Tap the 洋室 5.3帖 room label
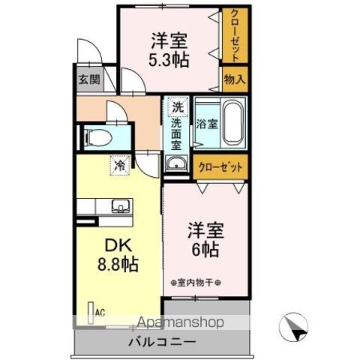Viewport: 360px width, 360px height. [x=168, y=48]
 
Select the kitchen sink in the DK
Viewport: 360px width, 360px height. [x=119, y=206]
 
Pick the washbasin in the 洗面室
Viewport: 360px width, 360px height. [x=177, y=164]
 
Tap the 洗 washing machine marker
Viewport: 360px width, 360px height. [x=177, y=106]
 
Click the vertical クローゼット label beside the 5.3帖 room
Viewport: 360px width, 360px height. [x=235, y=37]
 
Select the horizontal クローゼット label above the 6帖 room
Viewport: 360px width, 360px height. [x=220, y=166]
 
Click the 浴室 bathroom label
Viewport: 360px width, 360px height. [x=207, y=124]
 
